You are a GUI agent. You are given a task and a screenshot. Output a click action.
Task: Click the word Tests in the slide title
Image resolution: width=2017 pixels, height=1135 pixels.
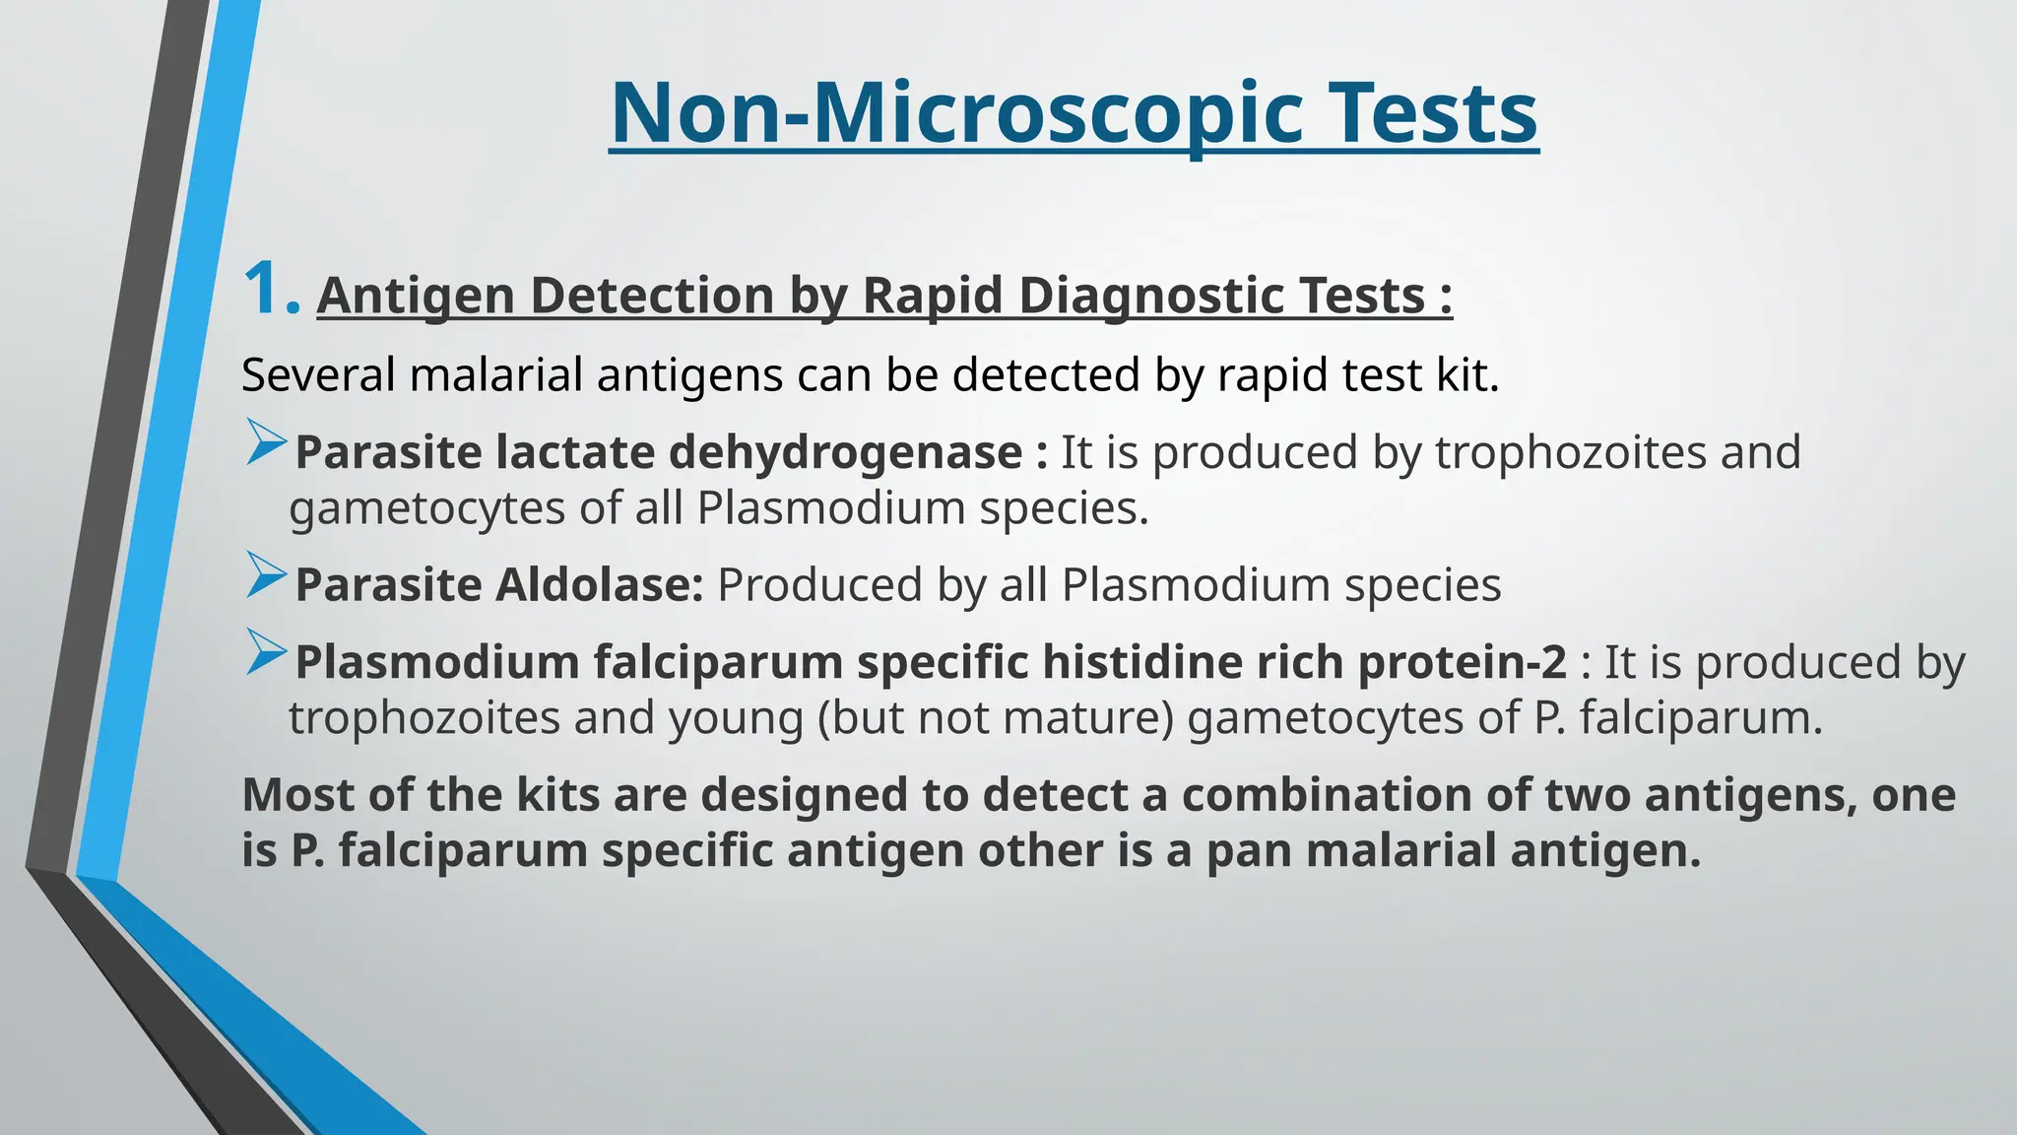pos(1432,112)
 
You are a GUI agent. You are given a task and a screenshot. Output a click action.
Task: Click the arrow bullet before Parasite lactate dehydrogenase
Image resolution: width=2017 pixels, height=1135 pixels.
pos(266,442)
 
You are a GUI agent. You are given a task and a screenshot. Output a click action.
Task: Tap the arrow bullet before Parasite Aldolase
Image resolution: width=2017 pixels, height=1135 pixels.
pos(266,575)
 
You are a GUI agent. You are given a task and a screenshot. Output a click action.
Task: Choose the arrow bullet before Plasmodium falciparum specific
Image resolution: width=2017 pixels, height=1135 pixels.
pos(266,652)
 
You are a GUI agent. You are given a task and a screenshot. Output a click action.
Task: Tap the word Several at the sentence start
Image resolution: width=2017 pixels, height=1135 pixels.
pos(318,375)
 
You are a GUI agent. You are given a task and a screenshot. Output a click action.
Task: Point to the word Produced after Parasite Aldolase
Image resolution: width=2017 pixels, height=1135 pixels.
pos(820,585)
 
